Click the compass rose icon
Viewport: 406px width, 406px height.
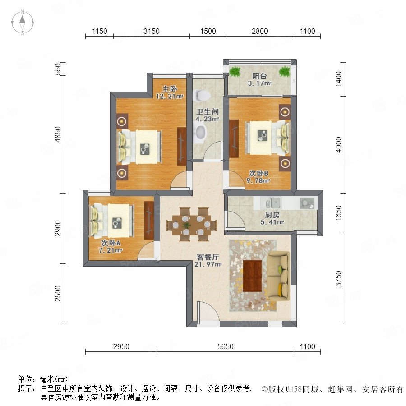click(x=23, y=23)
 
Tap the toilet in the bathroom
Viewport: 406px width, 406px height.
click(x=202, y=96)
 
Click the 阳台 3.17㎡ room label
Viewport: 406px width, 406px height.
click(x=259, y=79)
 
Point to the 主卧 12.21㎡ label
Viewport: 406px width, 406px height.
click(x=170, y=92)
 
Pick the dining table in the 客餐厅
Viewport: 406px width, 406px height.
click(x=192, y=224)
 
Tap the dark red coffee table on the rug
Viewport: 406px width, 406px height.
click(x=252, y=276)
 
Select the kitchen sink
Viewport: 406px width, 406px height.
click(x=272, y=203)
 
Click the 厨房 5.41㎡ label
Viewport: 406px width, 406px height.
click(x=272, y=218)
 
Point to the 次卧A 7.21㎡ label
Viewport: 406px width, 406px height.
click(x=111, y=246)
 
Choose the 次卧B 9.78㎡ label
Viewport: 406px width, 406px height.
click(x=258, y=177)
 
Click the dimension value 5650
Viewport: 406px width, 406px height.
click(x=225, y=346)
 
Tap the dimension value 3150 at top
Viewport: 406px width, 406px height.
click(x=152, y=31)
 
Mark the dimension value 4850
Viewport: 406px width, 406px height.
click(x=58, y=134)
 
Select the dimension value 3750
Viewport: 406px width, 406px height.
click(x=338, y=279)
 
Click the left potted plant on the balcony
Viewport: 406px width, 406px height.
click(x=235, y=71)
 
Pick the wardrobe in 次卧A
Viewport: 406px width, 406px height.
click(x=149, y=220)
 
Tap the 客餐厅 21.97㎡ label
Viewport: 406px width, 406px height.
click(x=208, y=261)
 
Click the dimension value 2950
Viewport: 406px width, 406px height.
click(x=121, y=346)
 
